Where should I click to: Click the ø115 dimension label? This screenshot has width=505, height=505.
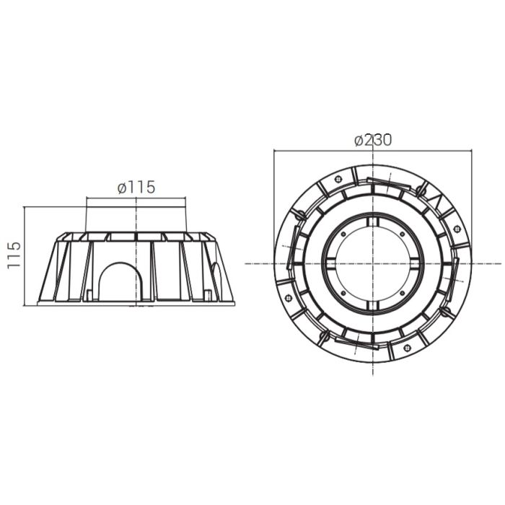pos(136,187)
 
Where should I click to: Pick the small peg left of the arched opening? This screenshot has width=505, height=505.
pos(87,294)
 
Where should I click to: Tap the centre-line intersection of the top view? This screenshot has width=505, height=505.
pos(373,263)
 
